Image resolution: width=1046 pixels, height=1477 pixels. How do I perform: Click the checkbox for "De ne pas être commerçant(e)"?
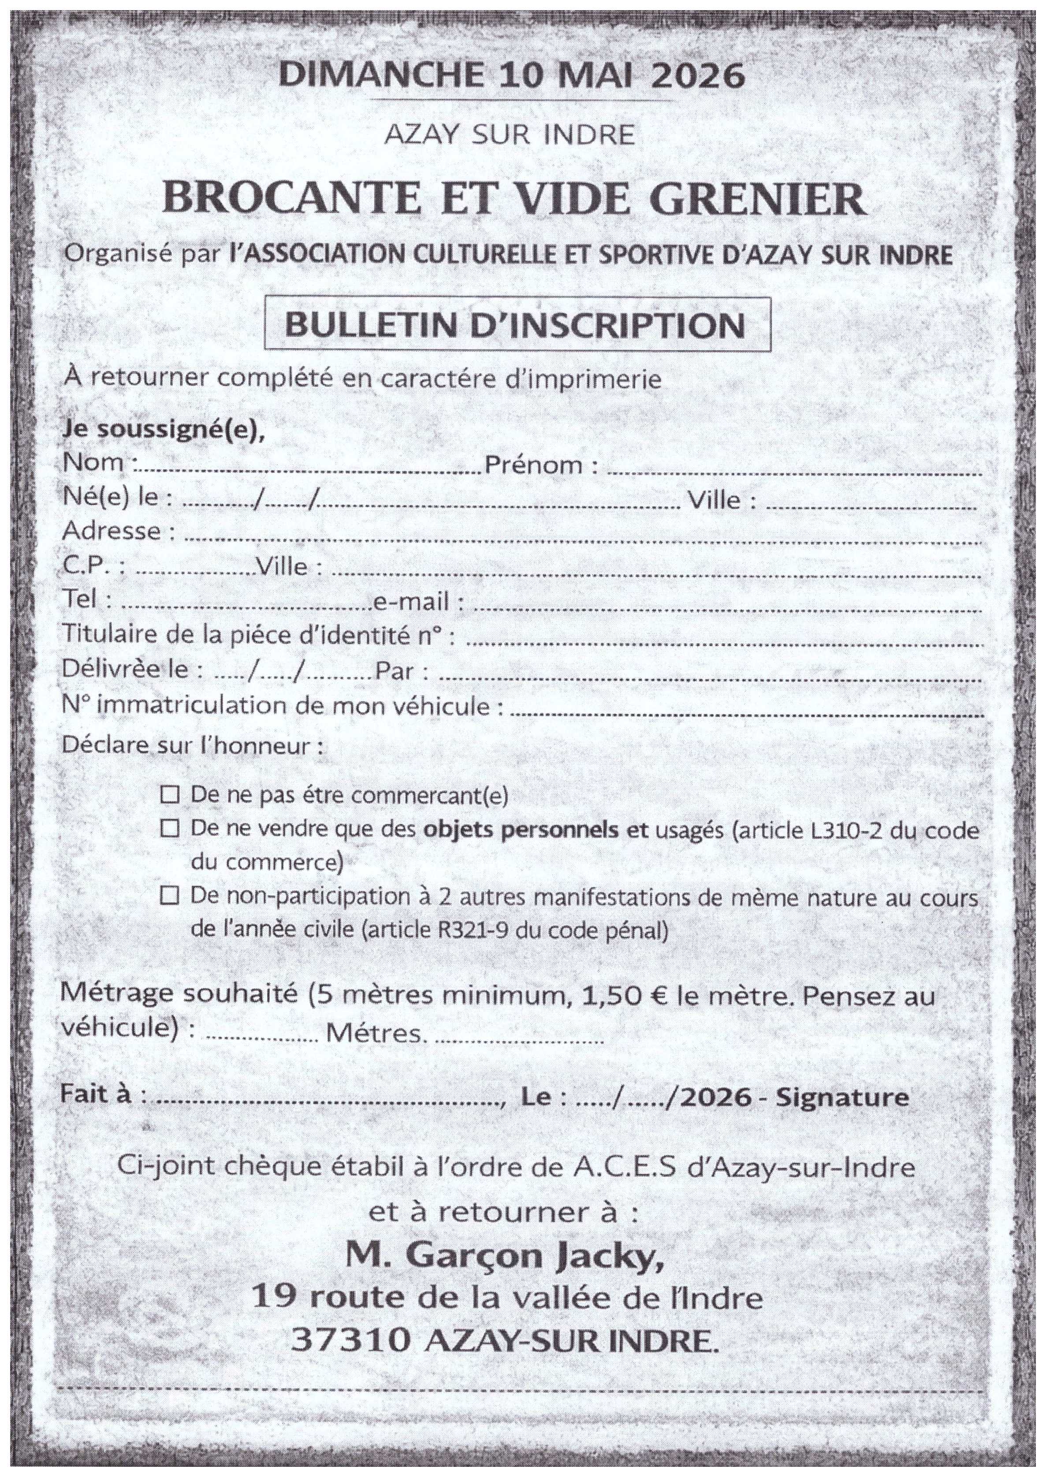(169, 796)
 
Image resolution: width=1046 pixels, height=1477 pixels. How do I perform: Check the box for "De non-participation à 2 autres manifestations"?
(169, 896)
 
